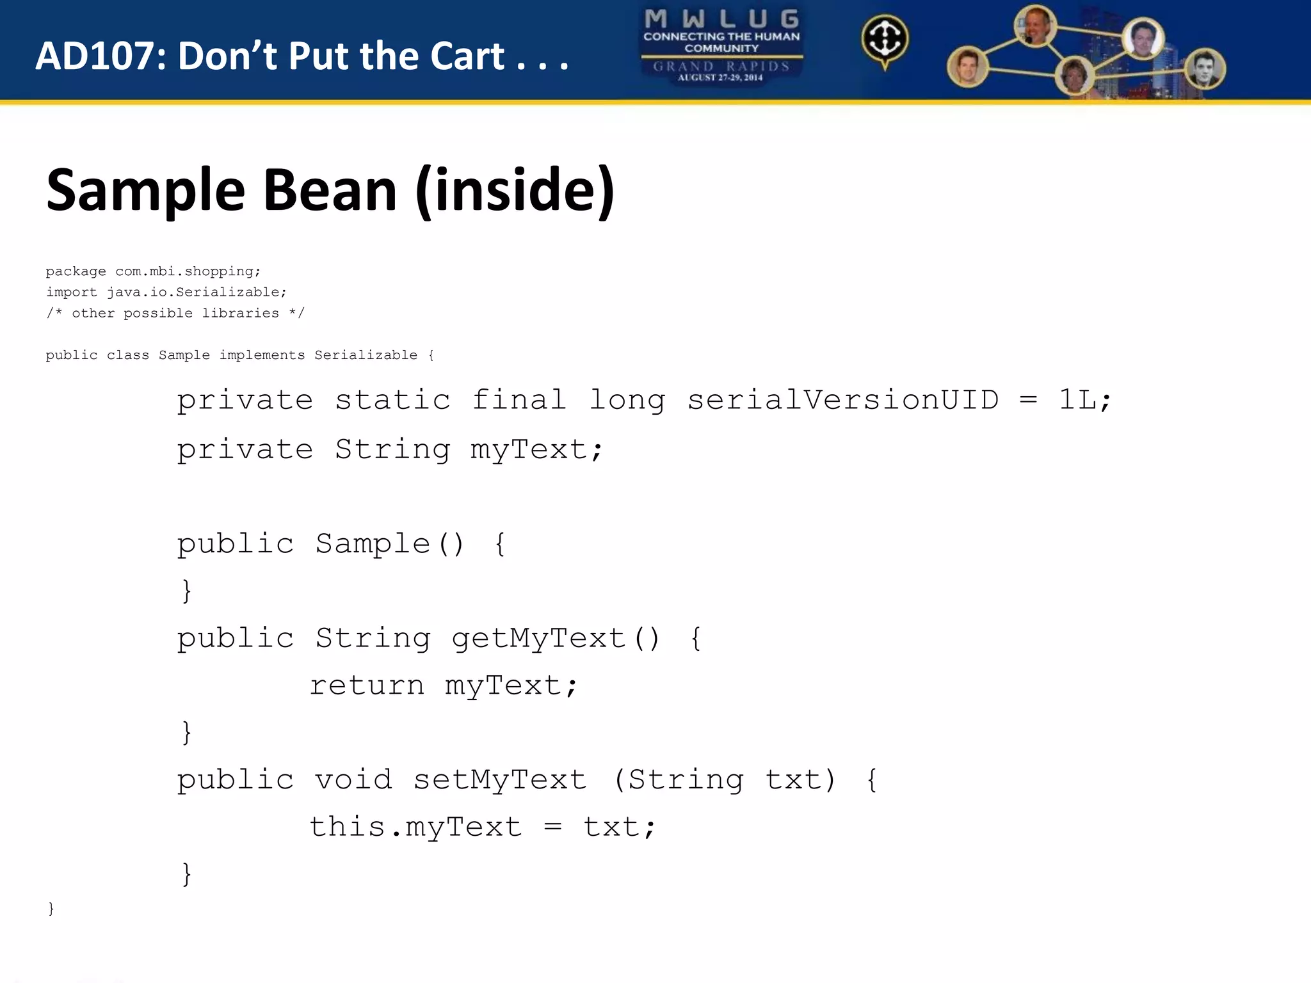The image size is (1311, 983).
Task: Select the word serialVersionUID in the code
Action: [842, 401]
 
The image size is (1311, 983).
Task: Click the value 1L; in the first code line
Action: [1085, 401]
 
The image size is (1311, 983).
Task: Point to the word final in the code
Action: [519, 401]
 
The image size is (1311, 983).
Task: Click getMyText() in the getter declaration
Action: [555, 639]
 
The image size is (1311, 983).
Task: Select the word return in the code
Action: [367, 686]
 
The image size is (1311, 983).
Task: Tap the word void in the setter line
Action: [353, 780]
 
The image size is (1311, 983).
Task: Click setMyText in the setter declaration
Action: [499, 780]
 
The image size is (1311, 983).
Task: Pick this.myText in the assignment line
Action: [415, 827]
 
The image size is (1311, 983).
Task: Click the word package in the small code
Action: [76, 272]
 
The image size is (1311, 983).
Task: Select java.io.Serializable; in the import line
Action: [197, 292]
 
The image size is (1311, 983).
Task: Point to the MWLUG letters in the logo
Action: [721, 19]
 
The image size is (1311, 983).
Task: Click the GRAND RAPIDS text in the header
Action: [721, 66]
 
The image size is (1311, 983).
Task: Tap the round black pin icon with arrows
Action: [885, 40]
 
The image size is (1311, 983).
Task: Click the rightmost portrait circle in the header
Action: [1205, 69]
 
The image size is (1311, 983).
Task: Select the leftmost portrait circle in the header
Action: [967, 67]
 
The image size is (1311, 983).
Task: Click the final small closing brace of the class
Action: [51, 909]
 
